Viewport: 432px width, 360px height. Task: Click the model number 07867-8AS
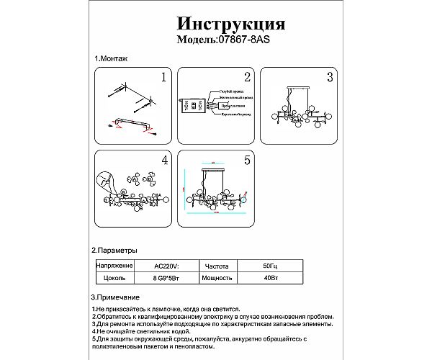coord(243,41)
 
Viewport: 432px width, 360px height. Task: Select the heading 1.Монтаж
coord(109,58)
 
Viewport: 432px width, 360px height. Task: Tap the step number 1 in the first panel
coord(163,76)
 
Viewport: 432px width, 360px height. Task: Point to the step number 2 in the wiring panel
coord(246,76)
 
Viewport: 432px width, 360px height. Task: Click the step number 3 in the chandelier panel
coord(329,76)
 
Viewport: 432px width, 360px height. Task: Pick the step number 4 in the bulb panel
coord(164,160)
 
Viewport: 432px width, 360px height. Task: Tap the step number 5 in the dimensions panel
coord(246,160)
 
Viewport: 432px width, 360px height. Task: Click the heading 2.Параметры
coord(114,250)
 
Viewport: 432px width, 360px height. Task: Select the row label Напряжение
coord(112,265)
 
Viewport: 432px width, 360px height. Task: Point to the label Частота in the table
coord(217,265)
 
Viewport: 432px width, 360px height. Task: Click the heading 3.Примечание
coord(115,297)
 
